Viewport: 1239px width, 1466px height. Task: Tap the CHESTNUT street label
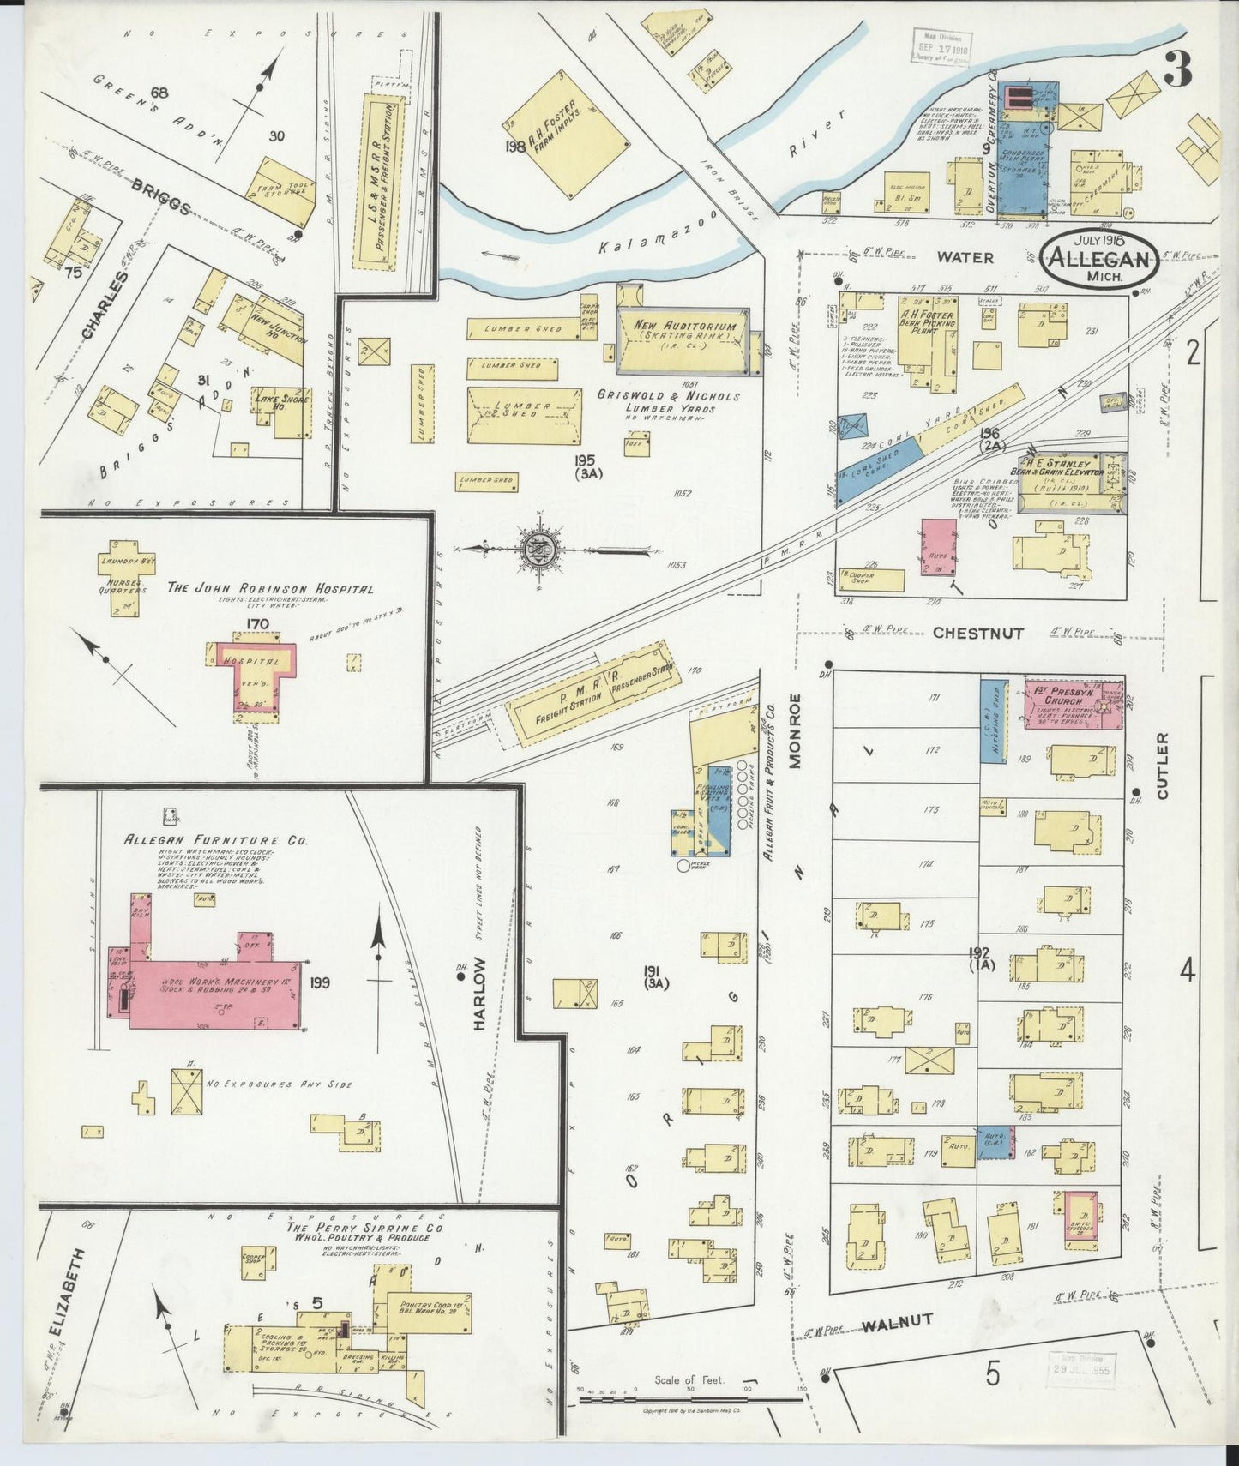(x=977, y=634)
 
